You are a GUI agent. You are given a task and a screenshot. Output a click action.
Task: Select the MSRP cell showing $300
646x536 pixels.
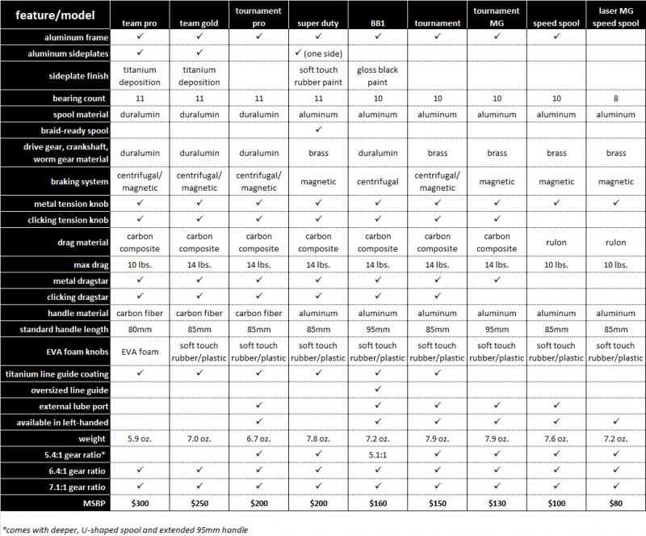[x=140, y=503]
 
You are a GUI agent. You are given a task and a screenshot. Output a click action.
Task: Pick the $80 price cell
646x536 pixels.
[x=616, y=503]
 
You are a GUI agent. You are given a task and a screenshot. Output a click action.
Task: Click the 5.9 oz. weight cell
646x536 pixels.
[x=140, y=438]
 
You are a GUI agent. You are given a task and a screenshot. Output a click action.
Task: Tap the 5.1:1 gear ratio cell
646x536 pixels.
[x=378, y=454]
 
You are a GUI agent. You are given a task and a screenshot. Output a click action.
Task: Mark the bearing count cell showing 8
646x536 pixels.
[x=616, y=99]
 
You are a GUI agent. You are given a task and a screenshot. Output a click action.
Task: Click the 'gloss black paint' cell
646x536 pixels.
[x=378, y=75]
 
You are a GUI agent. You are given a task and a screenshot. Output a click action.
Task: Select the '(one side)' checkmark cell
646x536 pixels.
[x=318, y=53]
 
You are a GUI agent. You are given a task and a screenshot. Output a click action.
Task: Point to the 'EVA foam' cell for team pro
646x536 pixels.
[x=140, y=351]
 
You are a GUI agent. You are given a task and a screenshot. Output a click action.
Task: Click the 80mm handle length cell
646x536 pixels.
[x=140, y=329]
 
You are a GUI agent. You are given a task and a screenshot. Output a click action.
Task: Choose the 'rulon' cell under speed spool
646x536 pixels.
[x=556, y=242]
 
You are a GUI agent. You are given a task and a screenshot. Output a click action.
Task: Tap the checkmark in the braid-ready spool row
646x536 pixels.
[x=318, y=129]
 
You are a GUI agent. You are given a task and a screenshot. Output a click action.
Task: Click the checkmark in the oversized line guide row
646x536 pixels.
[x=378, y=389]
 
